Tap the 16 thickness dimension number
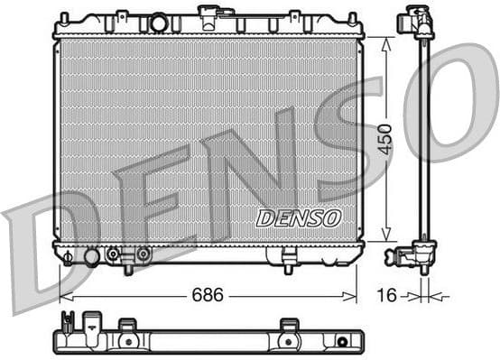click(387, 294)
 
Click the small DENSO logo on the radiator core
click(299, 218)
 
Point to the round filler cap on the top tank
click(159, 23)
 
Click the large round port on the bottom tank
click(91, 257)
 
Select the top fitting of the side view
click(420, 22)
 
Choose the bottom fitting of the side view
click(420, 255)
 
